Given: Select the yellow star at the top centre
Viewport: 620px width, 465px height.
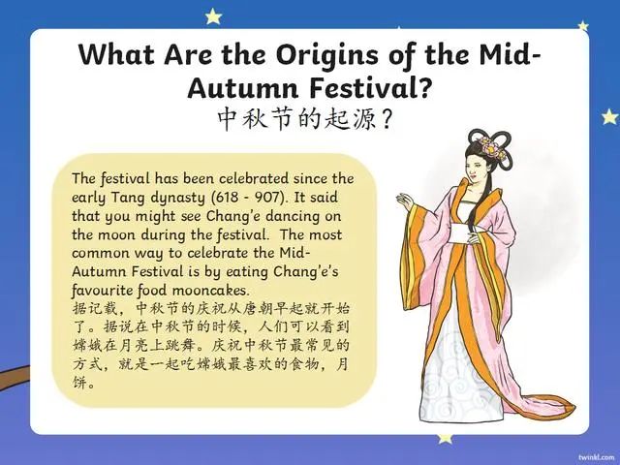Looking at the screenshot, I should [x=212, y=15].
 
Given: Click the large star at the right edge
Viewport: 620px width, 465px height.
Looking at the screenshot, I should [x=609, y=117].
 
